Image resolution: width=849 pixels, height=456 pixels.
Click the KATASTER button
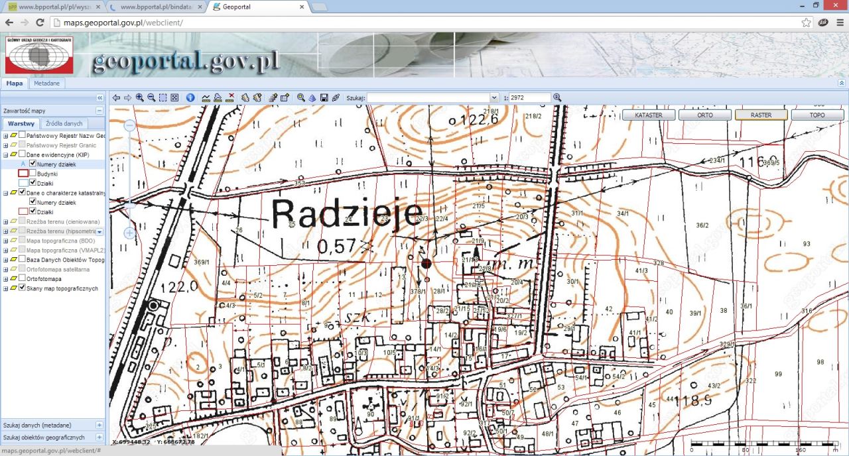tap(649, 115)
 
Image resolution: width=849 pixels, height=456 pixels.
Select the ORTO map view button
tap(705, 115)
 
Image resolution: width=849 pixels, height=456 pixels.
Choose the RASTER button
tap(761, 115)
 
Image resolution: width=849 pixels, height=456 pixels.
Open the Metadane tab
tap(47, 84)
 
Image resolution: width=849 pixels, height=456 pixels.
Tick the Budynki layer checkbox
tap(33, 173)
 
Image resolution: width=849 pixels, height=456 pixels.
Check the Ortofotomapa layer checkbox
tap(23, 278)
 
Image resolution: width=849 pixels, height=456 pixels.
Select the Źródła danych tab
tap(64, 124)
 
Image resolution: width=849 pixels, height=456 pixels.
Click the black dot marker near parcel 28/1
tap(426, 264)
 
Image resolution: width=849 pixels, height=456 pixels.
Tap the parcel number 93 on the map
tap(807, 244)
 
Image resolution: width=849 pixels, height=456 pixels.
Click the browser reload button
tap(40, 23)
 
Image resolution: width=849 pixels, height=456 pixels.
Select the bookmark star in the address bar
tap(806, 23)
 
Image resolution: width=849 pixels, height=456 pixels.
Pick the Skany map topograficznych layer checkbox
tap(23, 288)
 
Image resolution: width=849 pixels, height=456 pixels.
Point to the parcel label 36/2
tap(702, 225)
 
